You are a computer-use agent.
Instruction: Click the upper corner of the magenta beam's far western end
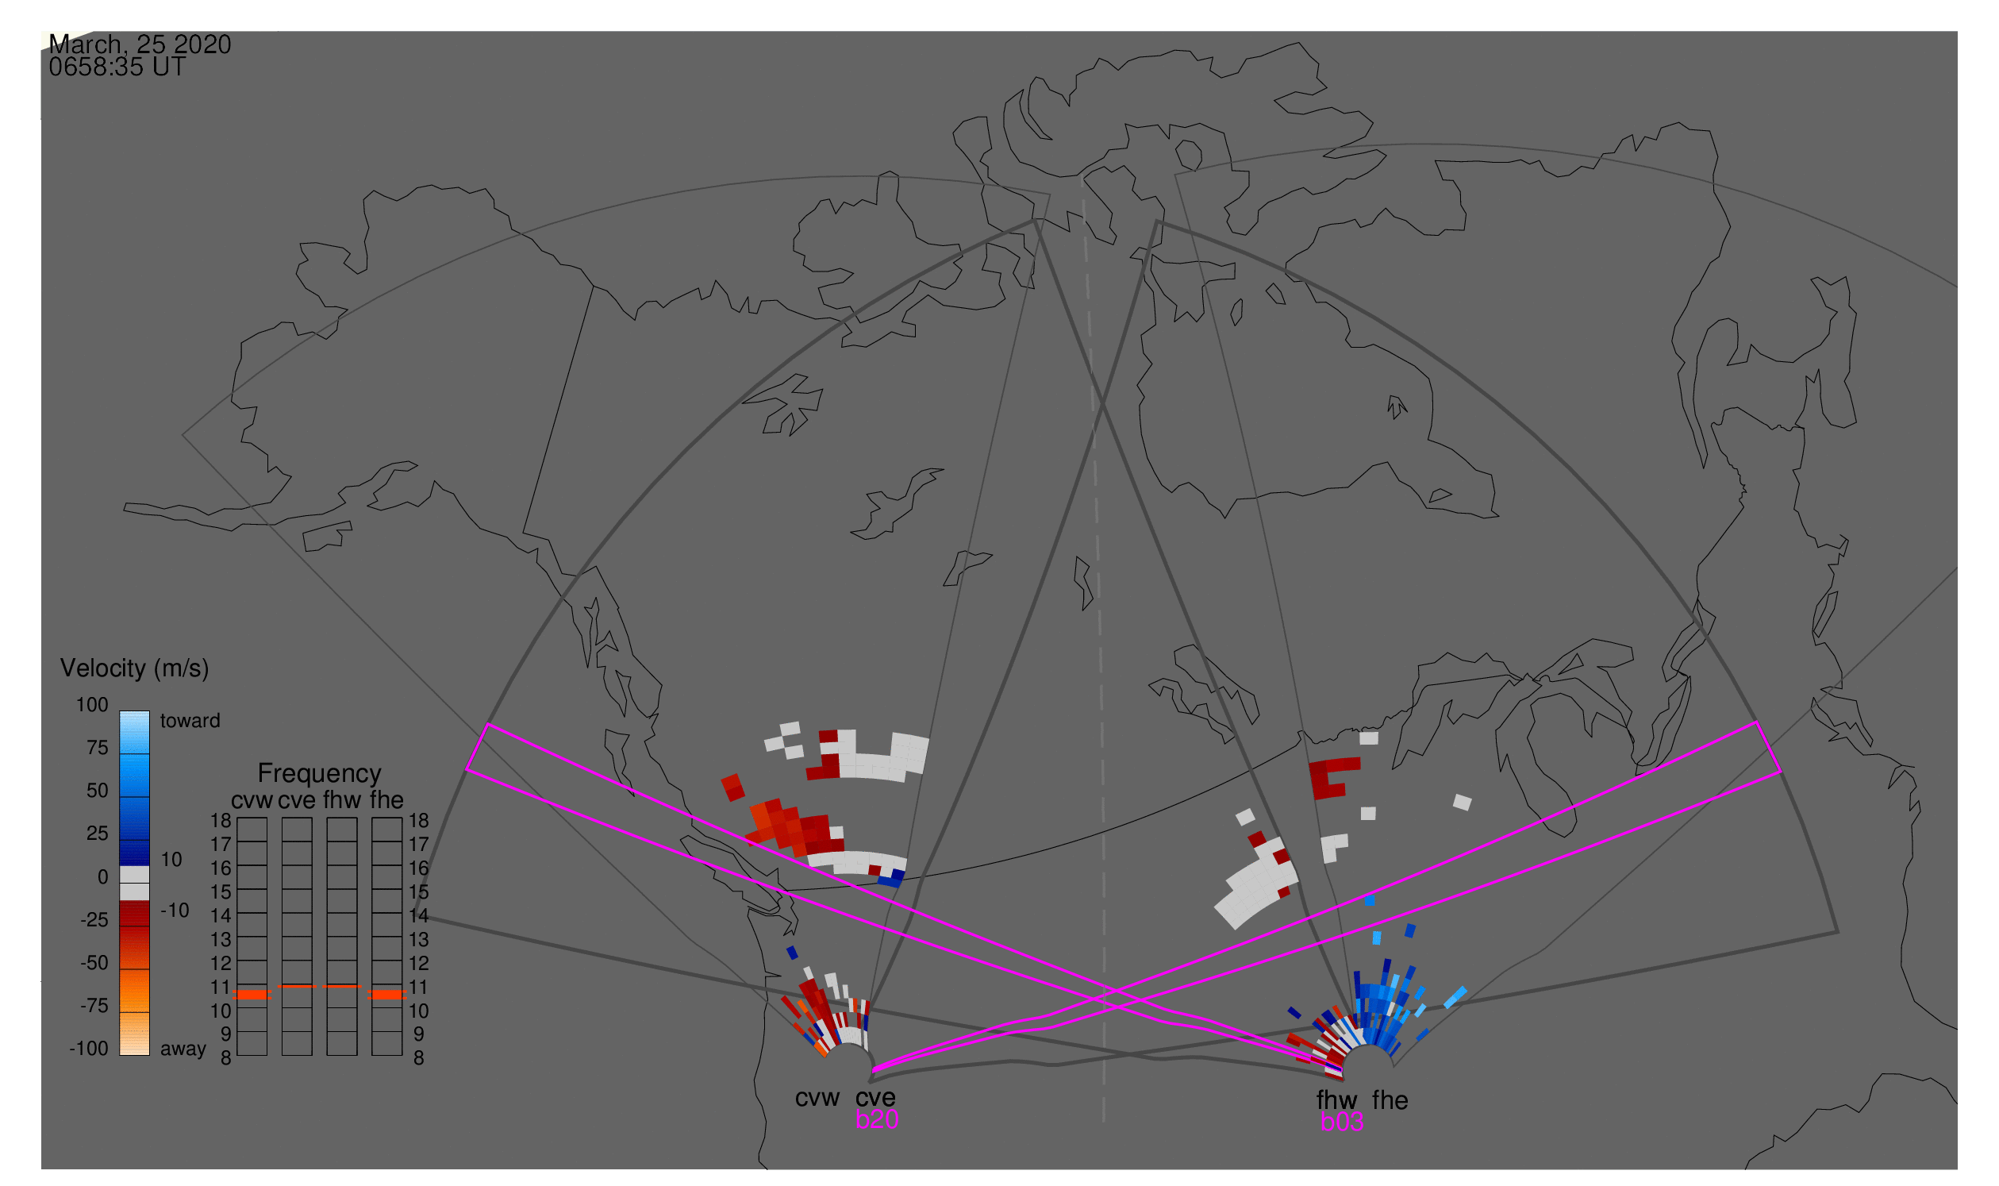click(x=487, y=725)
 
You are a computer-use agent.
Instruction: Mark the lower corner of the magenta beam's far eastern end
click(x=1782, y=772)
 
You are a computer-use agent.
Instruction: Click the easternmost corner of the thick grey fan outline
click(x=1839, y=932)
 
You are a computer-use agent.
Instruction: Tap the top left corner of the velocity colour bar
click(x=120, y=711)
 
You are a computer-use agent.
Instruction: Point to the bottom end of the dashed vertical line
click(x=1103, y=1121)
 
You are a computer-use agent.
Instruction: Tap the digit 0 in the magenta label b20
click(x=892, y=1119)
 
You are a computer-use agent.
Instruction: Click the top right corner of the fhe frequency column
click(x=402, y=818)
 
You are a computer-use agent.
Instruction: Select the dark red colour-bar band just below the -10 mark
click(x=134, y=914)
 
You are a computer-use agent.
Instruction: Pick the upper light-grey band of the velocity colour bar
click(x=134, y=874)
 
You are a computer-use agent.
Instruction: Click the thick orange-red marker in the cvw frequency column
click(x=252, y=995)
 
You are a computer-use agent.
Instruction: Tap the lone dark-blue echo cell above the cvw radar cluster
click(x=792, y=953)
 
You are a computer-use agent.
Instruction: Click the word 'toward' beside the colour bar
click(x=190, y=721)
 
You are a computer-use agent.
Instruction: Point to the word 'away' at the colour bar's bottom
click(x=183, y=1049)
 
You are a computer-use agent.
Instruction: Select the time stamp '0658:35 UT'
click(x=117, y=67)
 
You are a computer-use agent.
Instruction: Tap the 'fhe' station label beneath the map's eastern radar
click(x=1390, y=1100)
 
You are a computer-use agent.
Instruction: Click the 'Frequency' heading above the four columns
click(x=319, y=773)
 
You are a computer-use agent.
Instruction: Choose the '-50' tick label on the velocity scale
click(x=94, y=962)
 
